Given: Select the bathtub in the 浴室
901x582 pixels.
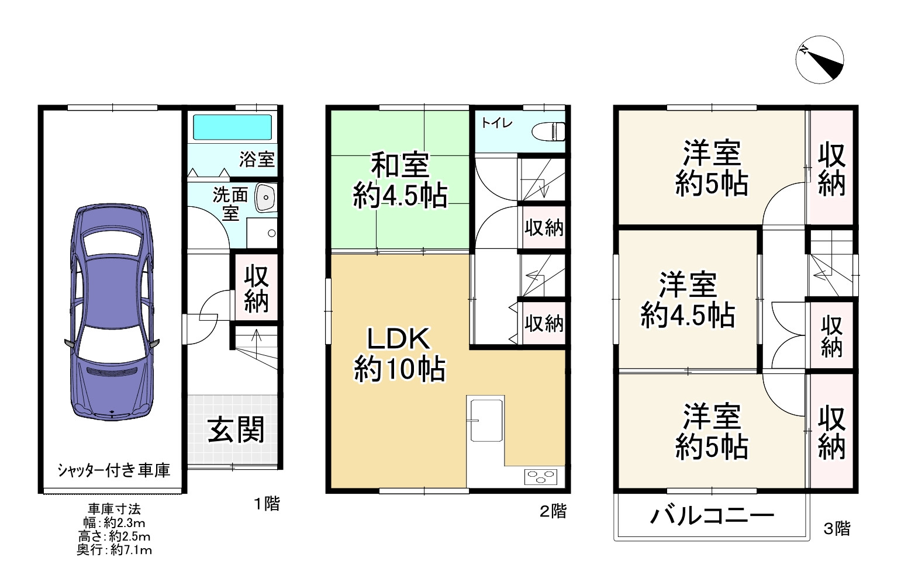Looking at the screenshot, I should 232,127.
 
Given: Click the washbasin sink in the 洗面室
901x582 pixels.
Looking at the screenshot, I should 265,198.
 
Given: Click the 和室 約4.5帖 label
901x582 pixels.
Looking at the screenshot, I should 401,180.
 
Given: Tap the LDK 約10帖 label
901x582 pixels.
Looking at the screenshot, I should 400,354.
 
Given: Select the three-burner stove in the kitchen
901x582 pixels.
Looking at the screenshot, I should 544,476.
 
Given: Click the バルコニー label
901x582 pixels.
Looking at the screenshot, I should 712,516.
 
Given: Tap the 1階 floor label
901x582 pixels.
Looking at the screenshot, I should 267,504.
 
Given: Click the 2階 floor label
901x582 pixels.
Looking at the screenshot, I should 553,512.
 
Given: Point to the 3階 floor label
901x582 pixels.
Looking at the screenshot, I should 837,529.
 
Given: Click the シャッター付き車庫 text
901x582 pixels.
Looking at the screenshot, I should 114,470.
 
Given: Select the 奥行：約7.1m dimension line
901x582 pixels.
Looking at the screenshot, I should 114,550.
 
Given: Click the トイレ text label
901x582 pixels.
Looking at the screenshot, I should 497,123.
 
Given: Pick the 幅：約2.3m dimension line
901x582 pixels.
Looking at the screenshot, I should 114,523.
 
